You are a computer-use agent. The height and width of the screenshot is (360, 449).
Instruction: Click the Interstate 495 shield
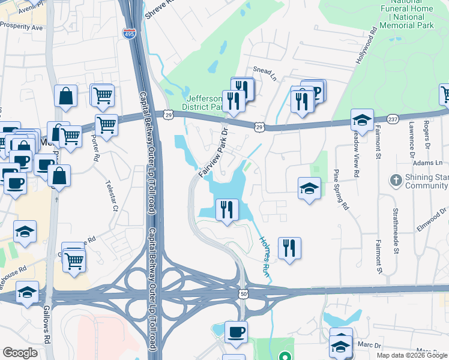(x=129, y=34)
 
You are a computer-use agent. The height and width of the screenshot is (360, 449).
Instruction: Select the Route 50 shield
(x=243, y=294)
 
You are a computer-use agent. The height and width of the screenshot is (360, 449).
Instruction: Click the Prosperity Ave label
(x=22, y=26)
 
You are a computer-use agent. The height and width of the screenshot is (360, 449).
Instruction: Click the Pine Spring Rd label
(x=340, y=188)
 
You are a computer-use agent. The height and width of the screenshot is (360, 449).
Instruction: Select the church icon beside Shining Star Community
(x=396, y=180)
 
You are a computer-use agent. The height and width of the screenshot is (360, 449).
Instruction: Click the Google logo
(x=20, y=353)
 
